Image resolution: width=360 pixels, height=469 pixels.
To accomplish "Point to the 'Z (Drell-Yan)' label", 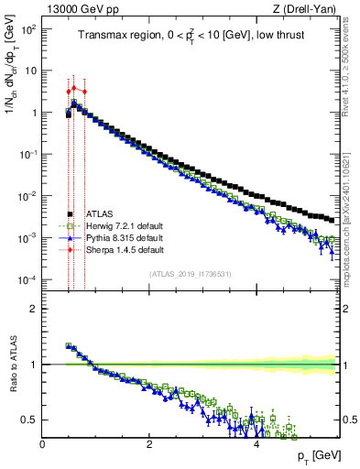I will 310,9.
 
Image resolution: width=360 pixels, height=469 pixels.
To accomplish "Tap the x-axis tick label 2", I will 148,444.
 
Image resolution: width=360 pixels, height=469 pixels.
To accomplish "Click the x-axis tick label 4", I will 256,444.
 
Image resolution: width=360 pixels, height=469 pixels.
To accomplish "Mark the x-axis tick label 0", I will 42,444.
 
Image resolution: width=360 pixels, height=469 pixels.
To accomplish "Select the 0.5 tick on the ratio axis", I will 29,420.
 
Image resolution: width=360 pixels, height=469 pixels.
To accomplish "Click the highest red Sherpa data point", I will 74,88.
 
